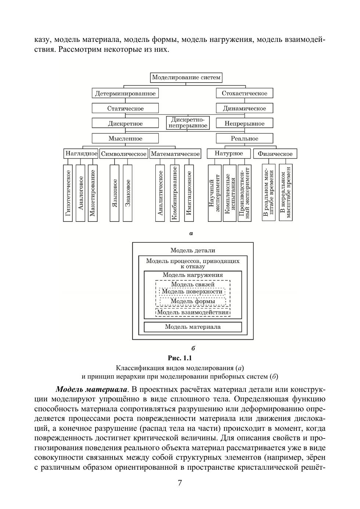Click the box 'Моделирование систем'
[x=186, y=77]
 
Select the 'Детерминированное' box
[x=125, y=93]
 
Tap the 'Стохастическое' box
[x=244, y=93]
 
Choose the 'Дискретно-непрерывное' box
[x=187, y=123]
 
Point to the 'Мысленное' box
[x=125, y=138]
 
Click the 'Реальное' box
[x=244, y=138]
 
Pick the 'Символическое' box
[x=123, y=154]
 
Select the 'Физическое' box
[x=275, y=154]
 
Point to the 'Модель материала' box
[x=193, y=327]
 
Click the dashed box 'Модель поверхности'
[x=192, y=292]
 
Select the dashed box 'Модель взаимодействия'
[x=193, y=313]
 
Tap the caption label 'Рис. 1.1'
[x=180, y=358]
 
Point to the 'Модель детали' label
[x=193, y=250]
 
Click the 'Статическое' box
[x=125, y=108]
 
